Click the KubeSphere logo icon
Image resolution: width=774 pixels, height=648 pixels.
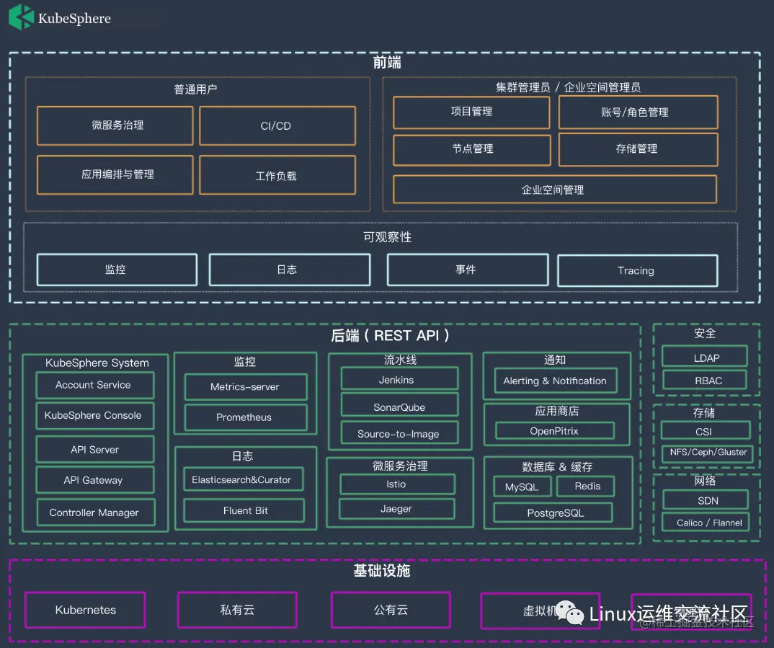[21, 17]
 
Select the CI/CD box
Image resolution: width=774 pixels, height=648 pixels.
[277, 125]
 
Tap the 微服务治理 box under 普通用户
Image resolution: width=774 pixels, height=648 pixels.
[115, 125]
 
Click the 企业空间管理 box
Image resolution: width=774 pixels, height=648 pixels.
[554, 190]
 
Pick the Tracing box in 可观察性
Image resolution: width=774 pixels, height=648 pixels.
[637, 270]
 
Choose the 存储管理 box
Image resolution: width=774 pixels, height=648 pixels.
[638, 149]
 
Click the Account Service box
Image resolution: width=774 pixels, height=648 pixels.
[94, 385]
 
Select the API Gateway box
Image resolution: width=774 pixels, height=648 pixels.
[94, 480]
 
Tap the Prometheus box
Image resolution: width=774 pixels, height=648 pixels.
[245, 417]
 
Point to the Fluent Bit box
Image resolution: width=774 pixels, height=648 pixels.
[245, 510]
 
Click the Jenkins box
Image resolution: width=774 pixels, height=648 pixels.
[399, 380]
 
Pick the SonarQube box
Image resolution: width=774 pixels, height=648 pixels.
[399, 407]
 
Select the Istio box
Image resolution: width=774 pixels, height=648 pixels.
[397, 484]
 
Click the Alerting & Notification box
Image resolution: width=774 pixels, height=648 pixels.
[555, 381]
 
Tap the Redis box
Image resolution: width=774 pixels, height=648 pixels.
[587, 487]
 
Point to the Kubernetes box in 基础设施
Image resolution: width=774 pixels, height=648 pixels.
[85, 610]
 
